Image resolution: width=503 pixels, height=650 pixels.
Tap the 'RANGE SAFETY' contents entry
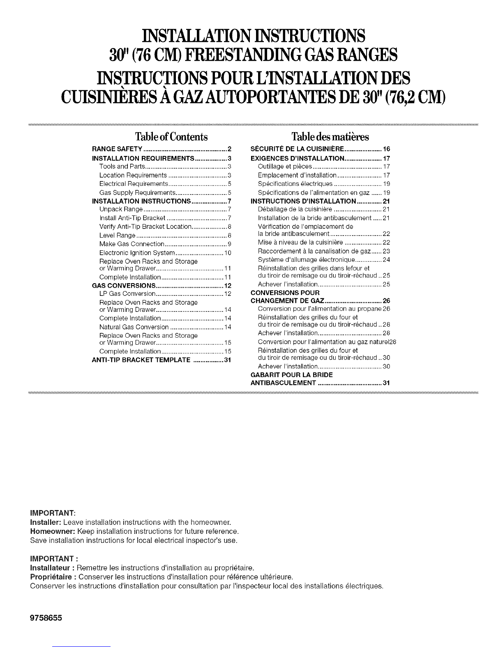click(118, 149)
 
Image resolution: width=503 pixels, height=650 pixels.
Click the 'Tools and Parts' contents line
click(121, 166)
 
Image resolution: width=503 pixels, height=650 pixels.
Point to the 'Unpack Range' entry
click(118, 209)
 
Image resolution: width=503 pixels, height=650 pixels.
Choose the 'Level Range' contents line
click(118, 236)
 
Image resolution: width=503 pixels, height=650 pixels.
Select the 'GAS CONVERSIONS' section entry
click(124, 286)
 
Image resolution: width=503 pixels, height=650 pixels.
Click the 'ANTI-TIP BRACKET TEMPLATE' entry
click(141, 361)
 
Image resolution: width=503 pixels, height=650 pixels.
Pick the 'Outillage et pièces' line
click(285, 166)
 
